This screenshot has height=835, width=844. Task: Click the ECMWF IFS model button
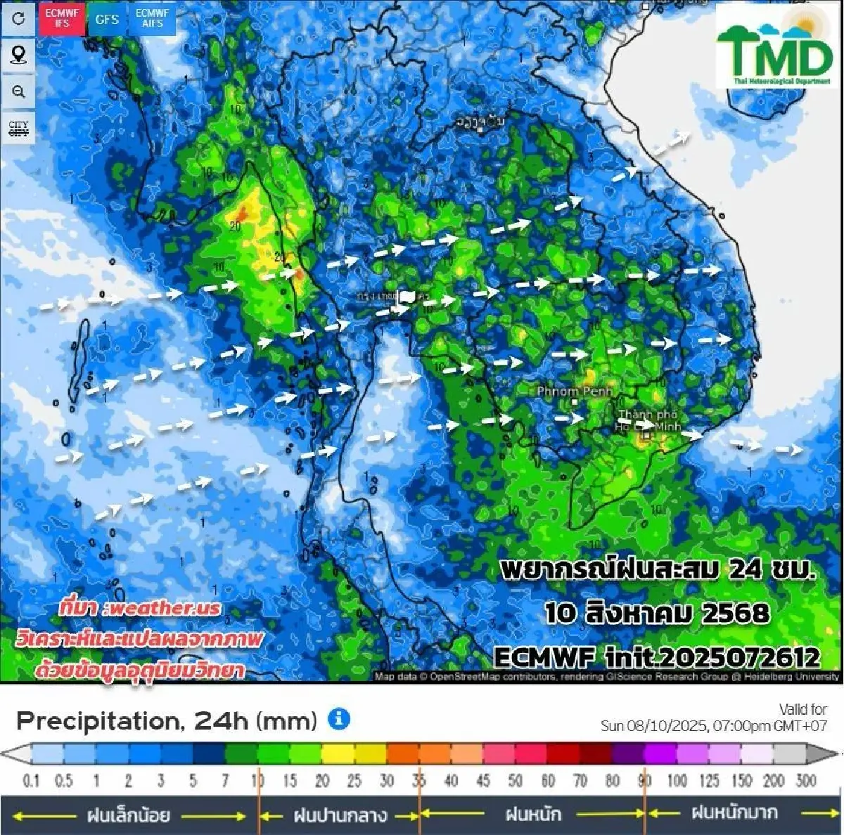click(62, 18)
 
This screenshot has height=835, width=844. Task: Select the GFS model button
click(107, 19)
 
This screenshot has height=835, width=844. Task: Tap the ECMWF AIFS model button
click(152, 18)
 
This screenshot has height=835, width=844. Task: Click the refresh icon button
click(18, 18)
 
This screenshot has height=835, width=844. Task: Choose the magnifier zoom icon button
click(18, 91)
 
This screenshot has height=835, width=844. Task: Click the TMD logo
click(774, 48)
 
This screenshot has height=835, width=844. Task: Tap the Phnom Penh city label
click(575, 391)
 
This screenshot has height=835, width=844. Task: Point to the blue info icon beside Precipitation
click(339, 719)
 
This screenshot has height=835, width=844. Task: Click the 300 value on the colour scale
click(806, 781)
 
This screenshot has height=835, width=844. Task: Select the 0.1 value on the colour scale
click(31, 781)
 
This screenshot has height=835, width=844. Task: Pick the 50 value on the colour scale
click(516, 781)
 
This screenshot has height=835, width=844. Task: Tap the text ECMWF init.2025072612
click(657, 657)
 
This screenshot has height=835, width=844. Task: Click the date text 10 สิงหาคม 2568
click(657, 613)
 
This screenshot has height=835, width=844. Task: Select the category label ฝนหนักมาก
click(734, 814)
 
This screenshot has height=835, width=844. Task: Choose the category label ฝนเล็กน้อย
click(128, 815)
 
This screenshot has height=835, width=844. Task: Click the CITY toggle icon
click(18, 129)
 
